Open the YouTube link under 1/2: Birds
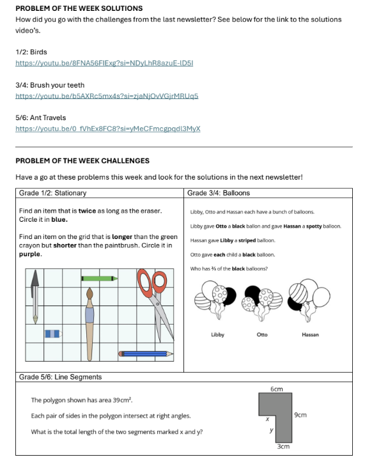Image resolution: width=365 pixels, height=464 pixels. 104,63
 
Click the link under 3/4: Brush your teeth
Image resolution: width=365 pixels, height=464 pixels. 107,96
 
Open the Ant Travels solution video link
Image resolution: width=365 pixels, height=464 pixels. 108,128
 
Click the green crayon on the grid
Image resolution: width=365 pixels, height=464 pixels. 99,279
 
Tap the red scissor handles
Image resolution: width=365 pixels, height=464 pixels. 152,282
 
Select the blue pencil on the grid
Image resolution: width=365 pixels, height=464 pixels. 146,353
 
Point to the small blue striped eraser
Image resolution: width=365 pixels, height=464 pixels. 53,334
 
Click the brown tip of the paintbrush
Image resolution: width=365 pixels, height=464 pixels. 89,293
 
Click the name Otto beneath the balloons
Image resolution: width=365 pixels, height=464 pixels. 262,335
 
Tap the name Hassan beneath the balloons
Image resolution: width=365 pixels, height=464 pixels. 310,335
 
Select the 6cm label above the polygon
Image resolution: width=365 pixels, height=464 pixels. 277,389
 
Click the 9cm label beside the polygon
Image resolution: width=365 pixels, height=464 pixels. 300,415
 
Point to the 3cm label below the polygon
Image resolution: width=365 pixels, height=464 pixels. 283,446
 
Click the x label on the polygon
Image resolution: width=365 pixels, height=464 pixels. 267,419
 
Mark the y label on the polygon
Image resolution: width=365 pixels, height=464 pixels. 271,430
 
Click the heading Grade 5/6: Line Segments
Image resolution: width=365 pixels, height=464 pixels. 60,377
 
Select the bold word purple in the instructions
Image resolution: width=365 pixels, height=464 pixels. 30,254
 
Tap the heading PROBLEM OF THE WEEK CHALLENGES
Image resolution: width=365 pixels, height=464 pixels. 82,160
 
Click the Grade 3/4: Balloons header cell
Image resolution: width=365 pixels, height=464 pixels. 268,193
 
